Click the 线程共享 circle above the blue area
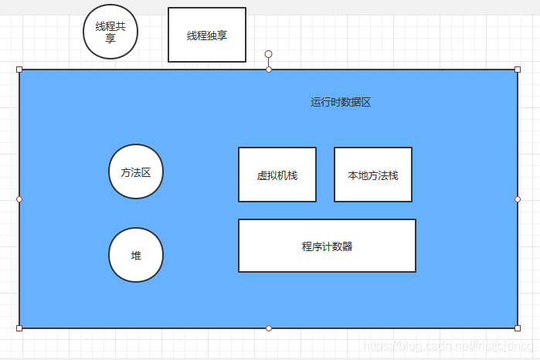[x=110, y=32]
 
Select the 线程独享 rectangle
[x=207, y=35]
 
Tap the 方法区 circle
[x=136, y=172]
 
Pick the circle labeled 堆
[x=136, y=255]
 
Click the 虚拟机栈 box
[x=277, y=175]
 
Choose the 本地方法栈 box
[x=373, y=175]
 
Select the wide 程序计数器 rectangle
[x=327, y=246]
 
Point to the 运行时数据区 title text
[x=341, y=102]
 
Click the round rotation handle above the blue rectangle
[x=269, y=54]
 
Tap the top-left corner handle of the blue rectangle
[x=19, y=70]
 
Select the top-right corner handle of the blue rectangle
[x=518, y=70]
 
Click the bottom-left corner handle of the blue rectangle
[x=19, y=328]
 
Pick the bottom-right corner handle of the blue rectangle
[x=518, y=328]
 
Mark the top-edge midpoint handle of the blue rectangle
[x=269, y=70]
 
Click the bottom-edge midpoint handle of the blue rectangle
[x=269, y=328]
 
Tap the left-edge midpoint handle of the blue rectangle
[x=19, y=199]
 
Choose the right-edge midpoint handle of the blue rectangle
[x=518, y=199]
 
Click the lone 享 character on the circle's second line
[x=110, y=38]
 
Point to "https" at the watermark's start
[x=376, y=347]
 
